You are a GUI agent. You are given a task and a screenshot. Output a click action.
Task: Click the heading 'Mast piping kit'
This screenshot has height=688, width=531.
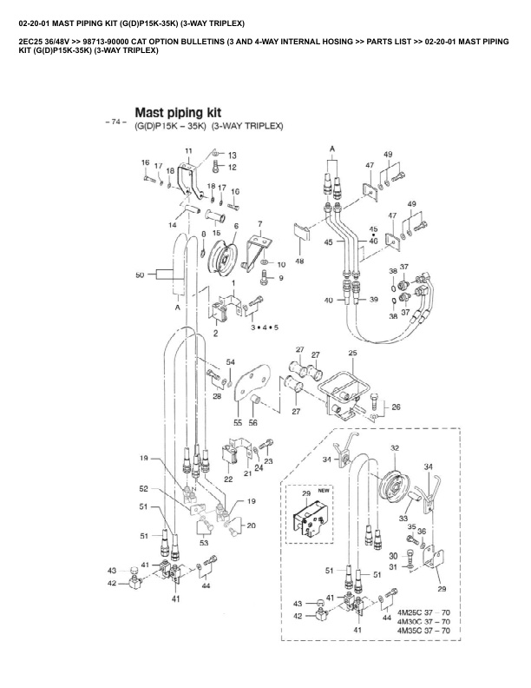(x=178, y=112)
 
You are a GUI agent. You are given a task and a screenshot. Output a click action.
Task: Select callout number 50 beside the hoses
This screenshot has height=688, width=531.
(x=140, y=275)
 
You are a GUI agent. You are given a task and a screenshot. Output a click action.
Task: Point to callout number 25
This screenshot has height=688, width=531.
(x=353, y=353)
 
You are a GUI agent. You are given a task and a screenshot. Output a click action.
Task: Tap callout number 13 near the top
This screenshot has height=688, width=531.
(x=232, y=155)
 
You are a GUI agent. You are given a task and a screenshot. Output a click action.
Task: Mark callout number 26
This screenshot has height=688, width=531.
(x=396, y=407)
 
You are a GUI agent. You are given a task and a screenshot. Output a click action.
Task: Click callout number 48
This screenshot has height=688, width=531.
(x=299, y=260)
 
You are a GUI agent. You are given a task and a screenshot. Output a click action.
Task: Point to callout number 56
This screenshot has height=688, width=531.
(x=253, y=423)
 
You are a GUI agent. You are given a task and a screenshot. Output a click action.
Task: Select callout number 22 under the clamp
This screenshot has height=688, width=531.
(x=228, y=480)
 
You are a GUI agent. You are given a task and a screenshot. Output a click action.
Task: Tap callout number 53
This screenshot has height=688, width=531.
(x=204, y=542)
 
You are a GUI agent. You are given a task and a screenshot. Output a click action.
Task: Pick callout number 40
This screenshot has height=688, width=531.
(x=329, y=301)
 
